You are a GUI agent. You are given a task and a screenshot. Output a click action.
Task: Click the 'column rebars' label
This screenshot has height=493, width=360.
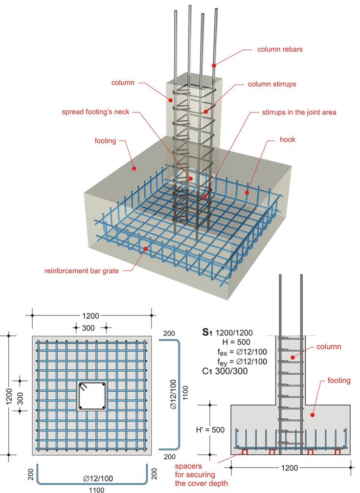coord(280,49)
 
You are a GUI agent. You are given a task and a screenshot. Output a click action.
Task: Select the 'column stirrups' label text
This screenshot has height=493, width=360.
coord(271,84)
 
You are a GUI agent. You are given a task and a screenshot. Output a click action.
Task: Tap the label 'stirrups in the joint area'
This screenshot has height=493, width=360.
coord(299,112)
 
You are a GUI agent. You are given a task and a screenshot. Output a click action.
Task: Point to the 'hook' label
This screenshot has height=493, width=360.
coord(287,139)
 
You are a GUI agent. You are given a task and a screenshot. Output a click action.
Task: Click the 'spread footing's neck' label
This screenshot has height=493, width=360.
coord(95,112)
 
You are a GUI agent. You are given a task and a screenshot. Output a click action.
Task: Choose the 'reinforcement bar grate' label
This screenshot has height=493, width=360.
coord(82,270)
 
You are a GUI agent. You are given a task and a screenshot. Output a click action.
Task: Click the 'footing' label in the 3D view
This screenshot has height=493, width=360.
coord(105,141)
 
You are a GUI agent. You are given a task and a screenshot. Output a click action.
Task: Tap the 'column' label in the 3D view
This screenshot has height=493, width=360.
coord(123,83)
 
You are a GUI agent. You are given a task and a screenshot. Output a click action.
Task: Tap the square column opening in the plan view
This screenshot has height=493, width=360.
coord(92,396)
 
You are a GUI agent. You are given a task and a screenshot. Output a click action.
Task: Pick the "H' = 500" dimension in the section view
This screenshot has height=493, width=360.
coord(210,430)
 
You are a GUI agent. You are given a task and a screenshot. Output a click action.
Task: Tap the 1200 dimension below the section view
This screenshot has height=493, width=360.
coord(289,468)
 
